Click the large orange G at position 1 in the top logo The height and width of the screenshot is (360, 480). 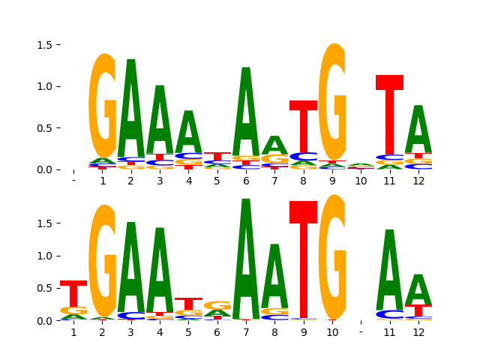[x=103, y=105]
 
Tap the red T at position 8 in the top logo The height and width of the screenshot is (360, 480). [x=303, y=127]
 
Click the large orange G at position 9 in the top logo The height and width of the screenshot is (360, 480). [x=332, y=101]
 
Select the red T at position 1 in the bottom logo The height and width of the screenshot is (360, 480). [x=73, y=292]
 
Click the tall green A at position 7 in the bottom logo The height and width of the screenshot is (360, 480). [x=246, y=259]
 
